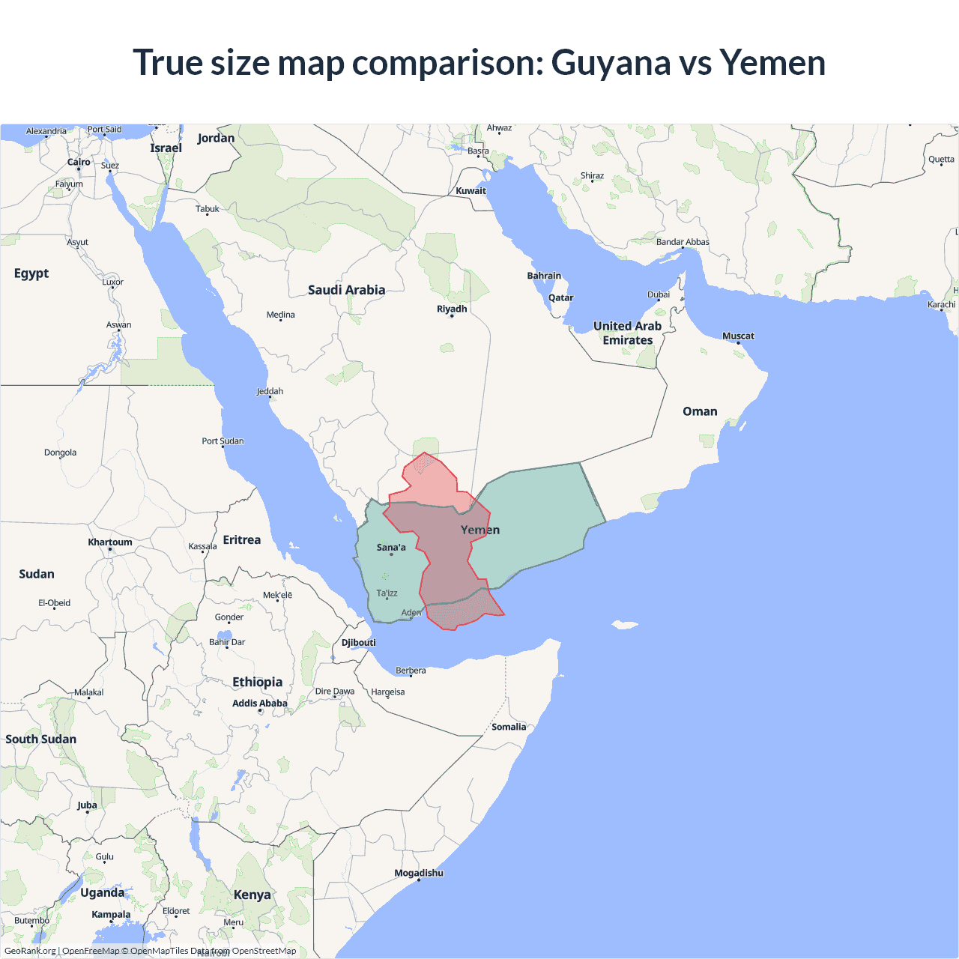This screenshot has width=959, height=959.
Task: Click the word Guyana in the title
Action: pos(611,63)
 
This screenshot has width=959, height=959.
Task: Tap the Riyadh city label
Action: pos(452,309)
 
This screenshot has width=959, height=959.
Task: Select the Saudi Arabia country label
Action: pos(346,290)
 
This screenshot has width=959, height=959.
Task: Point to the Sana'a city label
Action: pos(391,548)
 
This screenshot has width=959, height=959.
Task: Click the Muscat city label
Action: pos(738,336)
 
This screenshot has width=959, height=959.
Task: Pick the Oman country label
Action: pos(700,411)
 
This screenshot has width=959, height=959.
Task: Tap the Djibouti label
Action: pos(359,643)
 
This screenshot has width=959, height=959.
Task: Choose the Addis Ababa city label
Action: pos(260,704)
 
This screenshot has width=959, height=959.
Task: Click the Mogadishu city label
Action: pos(419,873)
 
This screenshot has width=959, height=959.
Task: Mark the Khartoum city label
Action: pos(110,542)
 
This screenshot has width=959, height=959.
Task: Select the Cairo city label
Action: pos(79,162)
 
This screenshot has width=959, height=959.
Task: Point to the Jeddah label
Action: pos(270,391)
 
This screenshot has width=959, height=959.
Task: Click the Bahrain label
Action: pos(544,276)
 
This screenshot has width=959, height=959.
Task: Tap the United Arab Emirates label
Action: pos(628,333)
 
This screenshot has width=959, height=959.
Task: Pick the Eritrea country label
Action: pos(242,540)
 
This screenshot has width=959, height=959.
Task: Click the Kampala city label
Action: pos(111,915)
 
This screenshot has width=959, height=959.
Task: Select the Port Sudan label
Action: pos(223,441)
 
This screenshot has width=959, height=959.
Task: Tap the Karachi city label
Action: pos(941,304)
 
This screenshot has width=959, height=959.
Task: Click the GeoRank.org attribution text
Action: pos(30,951)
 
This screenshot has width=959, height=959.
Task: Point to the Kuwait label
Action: pos(471,191)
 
